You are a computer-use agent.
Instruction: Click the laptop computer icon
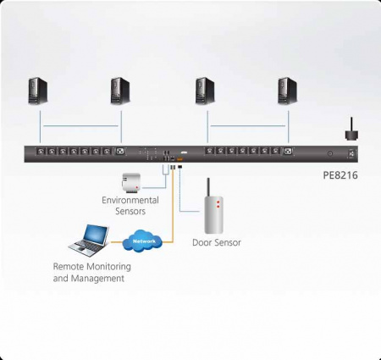(88, 240)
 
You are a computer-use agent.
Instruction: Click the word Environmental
(130, 200)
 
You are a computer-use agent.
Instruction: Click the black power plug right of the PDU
(349, 131)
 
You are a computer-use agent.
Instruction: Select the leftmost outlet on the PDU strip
(40, 152)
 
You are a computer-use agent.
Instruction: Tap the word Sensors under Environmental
(130, 210)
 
